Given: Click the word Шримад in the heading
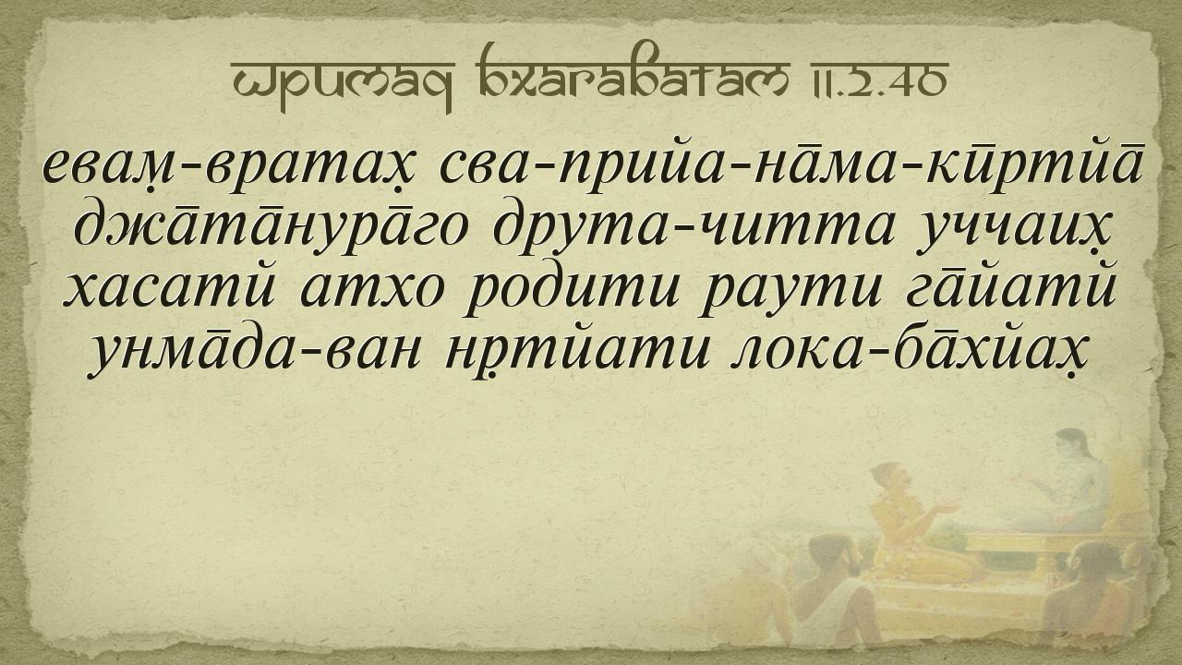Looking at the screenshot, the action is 343,82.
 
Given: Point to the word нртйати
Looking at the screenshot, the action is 575,352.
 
